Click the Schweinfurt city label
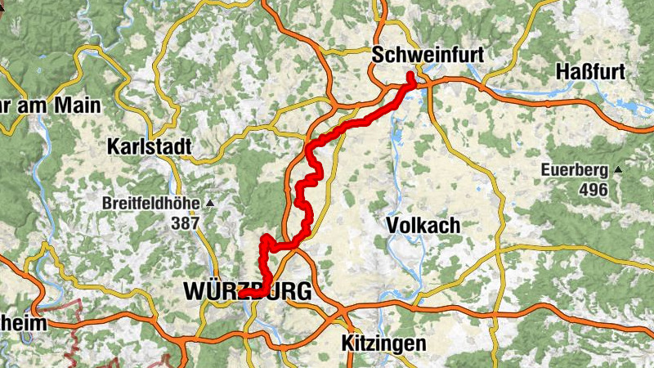[x=428, y=56]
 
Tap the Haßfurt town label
[x=589, y=71]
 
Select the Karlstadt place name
[x=150, y=147]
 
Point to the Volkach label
[x=423, y=225]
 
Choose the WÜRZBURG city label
[x=248, y=291]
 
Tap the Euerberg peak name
[x=574, y=171]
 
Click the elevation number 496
[x=593, y=190]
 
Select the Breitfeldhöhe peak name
[x=153, y=203]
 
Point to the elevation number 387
[x=186, y=222]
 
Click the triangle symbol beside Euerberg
[x=618, y=170]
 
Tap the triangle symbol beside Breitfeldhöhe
[x=209, y=202]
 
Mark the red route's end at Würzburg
[x=243, y=294]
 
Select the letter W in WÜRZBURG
[x=196, y=291]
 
